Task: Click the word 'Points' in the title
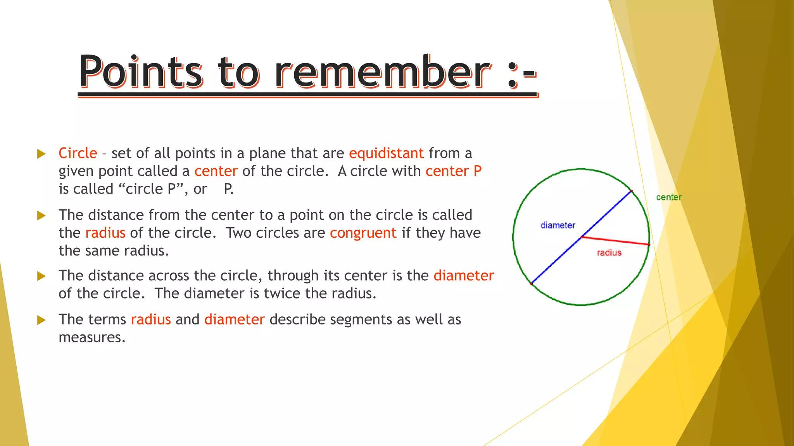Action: tap(141, 72)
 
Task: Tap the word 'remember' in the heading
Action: tap(383, 72)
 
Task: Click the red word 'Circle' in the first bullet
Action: tap(78, 153)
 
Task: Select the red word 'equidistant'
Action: tap(386, 153)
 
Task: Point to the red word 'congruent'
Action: tap(363, 233)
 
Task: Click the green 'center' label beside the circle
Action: tap(668, 197)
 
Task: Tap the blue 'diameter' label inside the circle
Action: tap(558, 225)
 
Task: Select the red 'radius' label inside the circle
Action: tap(609, 253)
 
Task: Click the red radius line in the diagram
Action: tap(616, 241)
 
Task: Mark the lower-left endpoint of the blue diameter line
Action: tap(532, 284)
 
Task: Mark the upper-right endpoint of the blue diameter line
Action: tap(631, 191)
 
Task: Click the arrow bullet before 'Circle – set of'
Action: tap(41, 154)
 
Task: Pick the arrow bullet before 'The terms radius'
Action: tap(41, 320)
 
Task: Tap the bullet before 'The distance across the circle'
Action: tap(41, 276)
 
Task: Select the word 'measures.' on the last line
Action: tap(92, 338)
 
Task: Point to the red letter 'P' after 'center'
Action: tap(477, 171)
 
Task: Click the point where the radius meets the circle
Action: tap(649, 245)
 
